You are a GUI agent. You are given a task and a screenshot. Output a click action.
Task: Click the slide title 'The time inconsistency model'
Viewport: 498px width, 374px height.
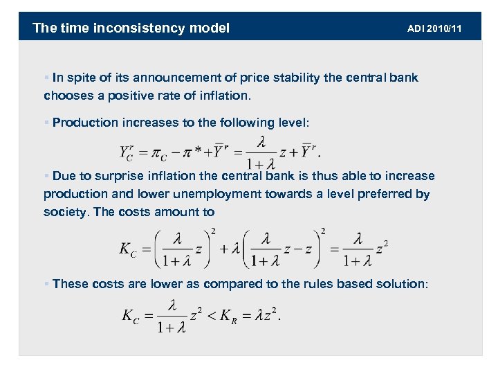point(131,28)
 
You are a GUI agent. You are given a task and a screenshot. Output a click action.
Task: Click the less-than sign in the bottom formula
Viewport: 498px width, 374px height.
point(210,315)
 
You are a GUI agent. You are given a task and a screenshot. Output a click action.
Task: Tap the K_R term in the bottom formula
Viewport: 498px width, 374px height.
point(230,317)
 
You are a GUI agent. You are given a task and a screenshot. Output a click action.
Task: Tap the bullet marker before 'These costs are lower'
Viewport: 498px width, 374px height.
point(46,283)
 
